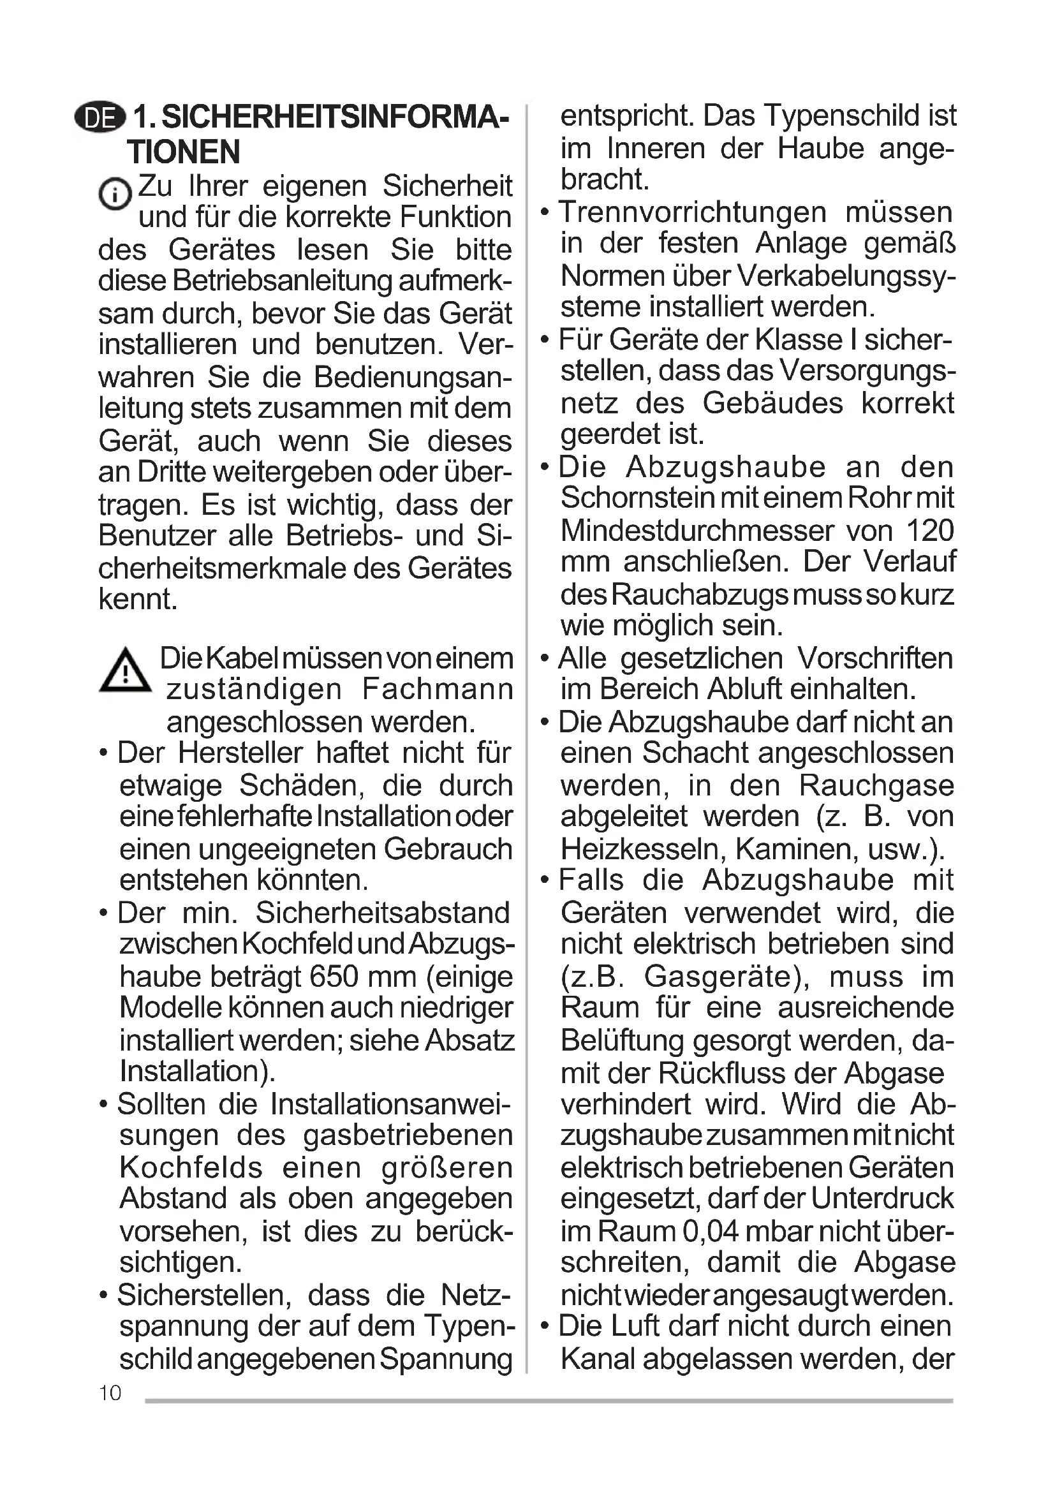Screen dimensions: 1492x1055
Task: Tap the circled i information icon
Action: pyautogui.click(x=115, y=193)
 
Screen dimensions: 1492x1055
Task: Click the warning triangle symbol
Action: pyautogui.click(x=125, y=670)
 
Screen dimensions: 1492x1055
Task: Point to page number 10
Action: pyautogui.click(x=110, y=1392)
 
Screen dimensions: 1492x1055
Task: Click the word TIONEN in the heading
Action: pyautogui.click(x=184, y=152)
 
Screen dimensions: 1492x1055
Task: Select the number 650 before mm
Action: pyautogui.click(x=334, y=976)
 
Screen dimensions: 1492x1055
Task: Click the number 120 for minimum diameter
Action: pyautogui.click(x=930, y=530)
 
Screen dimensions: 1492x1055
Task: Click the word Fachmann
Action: pyautogui.click(x=437, y=689)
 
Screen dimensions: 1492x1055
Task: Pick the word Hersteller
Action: pyautogui.click(x=240, y=753)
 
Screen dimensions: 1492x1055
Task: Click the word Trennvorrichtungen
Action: pyautogui.click(x=693, y=212)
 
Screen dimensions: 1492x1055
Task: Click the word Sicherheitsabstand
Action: pyautogui.click(x=383, y=912)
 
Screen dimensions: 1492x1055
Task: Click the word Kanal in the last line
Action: pyautogui.click(x=598, y=1358)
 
